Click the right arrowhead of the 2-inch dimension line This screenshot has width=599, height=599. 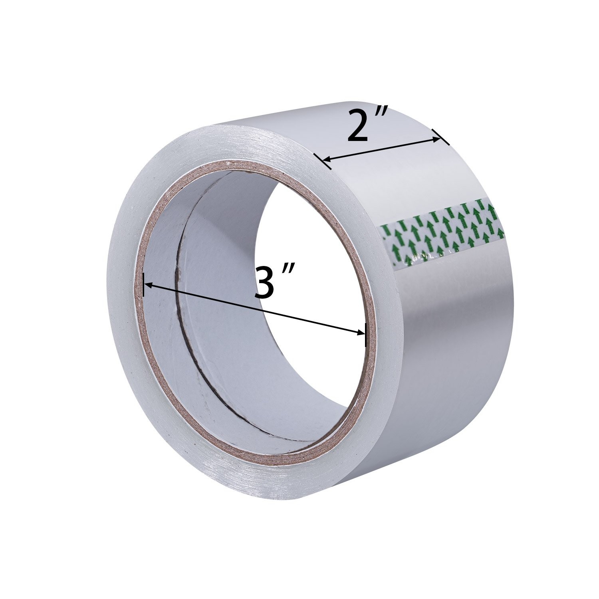click(x=435, y=139)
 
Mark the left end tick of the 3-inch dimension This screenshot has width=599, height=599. click(x=143, y=285)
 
